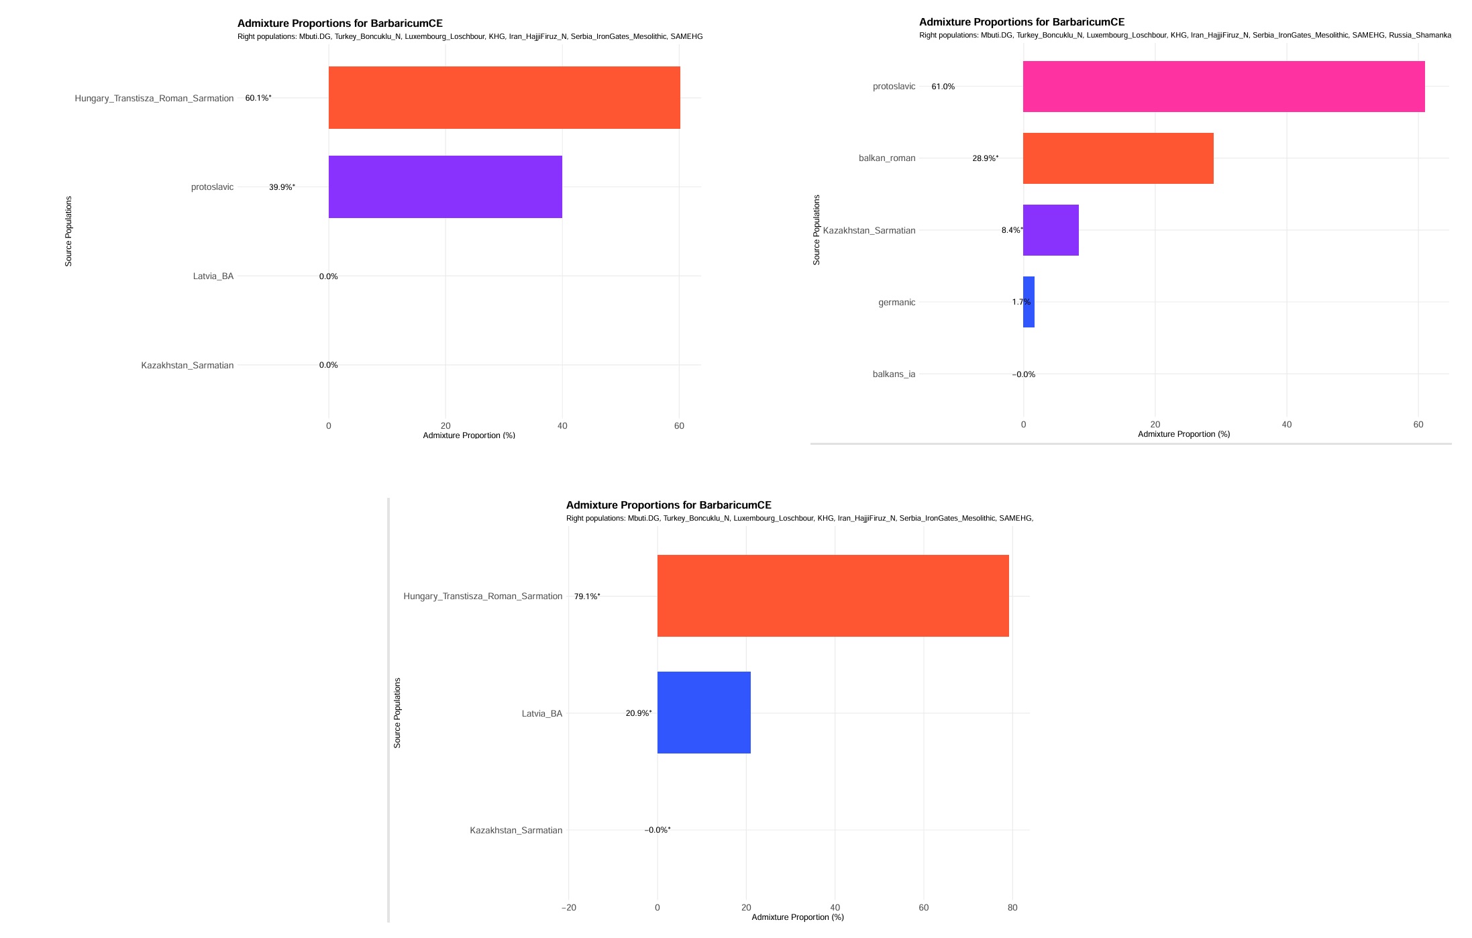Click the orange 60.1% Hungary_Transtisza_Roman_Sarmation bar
[504, 97]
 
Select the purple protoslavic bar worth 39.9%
[445, 187]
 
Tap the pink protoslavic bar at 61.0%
[1223, 87]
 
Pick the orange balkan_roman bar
[1118, 158]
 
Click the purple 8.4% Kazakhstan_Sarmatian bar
[1051, 230]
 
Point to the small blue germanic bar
[1029, 302]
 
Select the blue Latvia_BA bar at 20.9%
[704, 713]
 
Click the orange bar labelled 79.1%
[833, 596]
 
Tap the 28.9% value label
[985, 158]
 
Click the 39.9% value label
[282, 187]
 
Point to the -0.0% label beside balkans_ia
[1023, 374]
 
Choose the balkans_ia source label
[894, 374]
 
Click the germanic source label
[896, 303]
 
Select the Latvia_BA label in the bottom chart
[542, 713]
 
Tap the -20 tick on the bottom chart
[568, 908]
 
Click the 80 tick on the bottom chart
[1012, 908]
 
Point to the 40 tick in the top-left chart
[562, 426]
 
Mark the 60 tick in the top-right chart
[1418, 425]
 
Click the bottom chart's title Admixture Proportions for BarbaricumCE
[668, 505]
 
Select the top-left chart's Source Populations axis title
[68, 231]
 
